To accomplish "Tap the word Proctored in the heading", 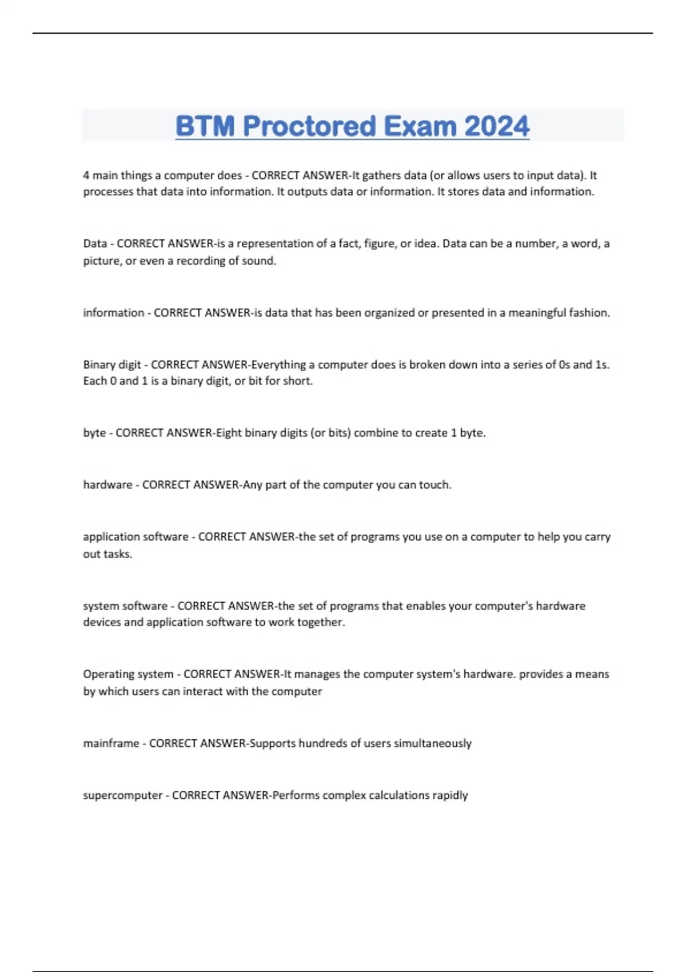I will pos(309,126).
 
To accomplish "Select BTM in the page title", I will pos(205,126).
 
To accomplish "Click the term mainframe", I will pos(111,743).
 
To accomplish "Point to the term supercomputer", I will pos(122,795).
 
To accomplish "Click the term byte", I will pos(94,433).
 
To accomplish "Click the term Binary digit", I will pos(111,365).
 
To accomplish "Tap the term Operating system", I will pos(128,674).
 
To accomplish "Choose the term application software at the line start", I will pos(135,537).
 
